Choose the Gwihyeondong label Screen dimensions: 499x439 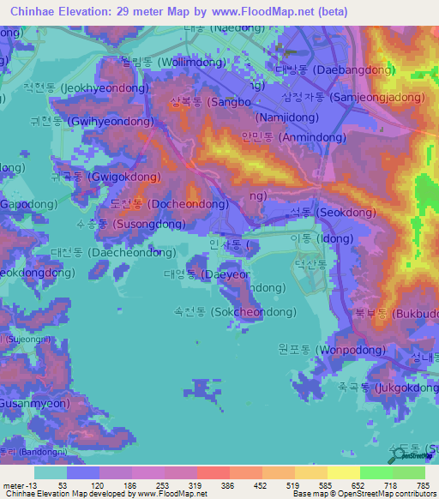click(91, 122)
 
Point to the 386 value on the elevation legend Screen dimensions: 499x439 click(228, 485)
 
